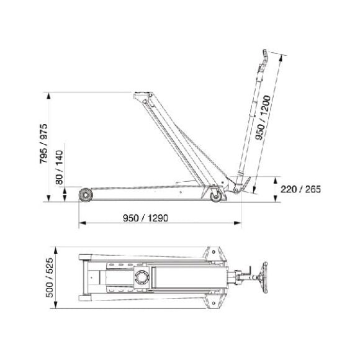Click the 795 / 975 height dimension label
point(43,144)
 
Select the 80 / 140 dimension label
point(59,168)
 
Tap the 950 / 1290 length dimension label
point(146,218)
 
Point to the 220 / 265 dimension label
point(300,189)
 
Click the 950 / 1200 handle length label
point(263,117)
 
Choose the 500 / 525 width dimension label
point(50,277)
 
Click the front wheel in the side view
point(86,195)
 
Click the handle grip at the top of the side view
point(265,56)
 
